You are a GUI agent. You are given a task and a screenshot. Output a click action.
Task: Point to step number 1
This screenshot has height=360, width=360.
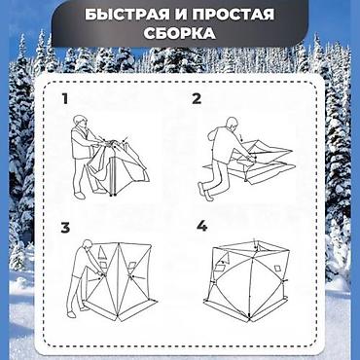[x=64, y=98]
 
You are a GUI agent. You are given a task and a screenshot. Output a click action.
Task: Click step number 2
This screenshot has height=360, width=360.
[x=197, y=98]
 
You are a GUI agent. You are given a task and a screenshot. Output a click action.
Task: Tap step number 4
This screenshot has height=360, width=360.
[x=201, y=227]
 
